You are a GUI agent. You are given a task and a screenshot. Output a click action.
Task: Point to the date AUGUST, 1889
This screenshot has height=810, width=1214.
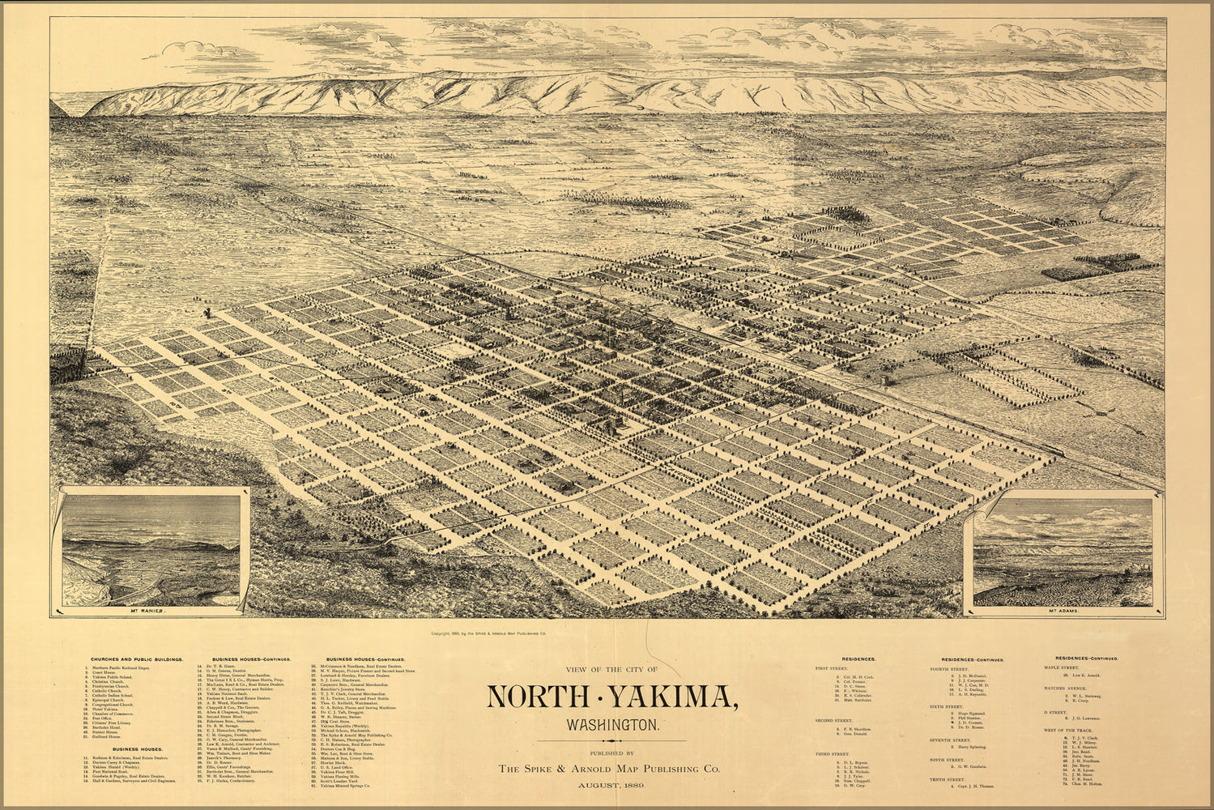611,786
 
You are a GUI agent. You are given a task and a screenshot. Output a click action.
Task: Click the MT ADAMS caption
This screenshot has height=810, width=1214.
1060,612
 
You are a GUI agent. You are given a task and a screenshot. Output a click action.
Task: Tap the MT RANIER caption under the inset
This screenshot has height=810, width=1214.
152,612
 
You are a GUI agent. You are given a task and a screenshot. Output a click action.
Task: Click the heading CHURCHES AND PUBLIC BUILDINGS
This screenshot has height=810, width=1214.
136,660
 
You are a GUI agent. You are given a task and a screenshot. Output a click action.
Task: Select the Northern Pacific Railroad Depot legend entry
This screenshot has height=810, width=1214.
121,668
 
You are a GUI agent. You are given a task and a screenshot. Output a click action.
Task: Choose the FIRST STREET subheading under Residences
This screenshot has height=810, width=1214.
832,669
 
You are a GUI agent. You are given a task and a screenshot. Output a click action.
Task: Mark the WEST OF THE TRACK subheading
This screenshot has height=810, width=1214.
1067,731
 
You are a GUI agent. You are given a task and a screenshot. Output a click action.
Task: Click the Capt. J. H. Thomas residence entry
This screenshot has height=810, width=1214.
972,787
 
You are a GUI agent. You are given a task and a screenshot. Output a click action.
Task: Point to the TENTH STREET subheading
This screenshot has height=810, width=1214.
950,779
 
